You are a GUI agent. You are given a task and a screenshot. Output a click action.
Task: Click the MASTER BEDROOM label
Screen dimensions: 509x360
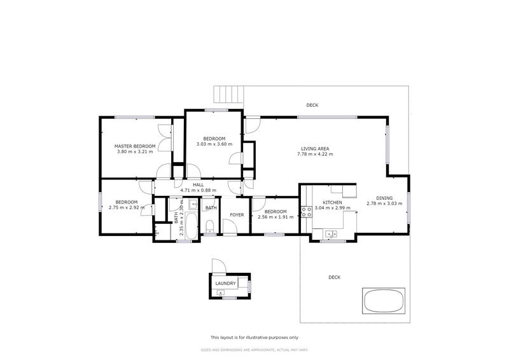(135, 146)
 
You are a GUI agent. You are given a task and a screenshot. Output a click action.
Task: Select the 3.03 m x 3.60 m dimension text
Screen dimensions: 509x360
(214, 144)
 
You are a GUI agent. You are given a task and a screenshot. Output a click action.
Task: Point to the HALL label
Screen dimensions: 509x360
(199, 184)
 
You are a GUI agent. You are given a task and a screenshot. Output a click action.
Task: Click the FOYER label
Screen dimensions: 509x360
(237, 214)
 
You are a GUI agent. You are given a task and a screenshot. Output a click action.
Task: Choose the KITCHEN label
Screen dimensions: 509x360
(332, 202)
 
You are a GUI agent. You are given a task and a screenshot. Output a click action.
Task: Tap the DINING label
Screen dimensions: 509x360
(384, 198)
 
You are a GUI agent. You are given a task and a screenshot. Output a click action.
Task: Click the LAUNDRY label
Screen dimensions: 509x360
(226, 284)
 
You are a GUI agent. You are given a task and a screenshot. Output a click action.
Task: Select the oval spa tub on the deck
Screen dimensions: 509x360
(384, 301)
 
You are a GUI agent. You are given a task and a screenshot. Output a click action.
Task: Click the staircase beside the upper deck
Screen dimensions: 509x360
(228, 93)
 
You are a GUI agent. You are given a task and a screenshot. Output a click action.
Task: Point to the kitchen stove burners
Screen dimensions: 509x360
(306, 212)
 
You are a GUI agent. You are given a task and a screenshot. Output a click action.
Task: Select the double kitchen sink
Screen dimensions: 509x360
(331, 233)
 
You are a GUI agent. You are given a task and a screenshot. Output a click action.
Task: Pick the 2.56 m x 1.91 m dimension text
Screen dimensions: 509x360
(275, 217)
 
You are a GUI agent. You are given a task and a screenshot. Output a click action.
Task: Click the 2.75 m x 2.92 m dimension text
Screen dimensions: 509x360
(127, 207)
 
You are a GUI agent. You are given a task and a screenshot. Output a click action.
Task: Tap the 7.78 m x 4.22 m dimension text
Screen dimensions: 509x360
(315, 154)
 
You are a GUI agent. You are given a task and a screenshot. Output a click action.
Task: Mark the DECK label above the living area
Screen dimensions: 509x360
(312, 105)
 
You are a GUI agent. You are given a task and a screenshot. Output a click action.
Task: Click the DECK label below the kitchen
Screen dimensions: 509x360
(335, 277)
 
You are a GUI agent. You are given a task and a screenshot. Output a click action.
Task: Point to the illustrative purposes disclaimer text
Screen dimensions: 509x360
(254, 337)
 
